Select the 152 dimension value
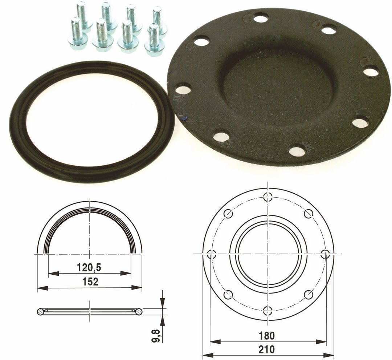click(90, 282)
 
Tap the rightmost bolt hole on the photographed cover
click(371, 72)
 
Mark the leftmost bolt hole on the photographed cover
click(183, 88)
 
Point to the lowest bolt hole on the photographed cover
click(297, 149)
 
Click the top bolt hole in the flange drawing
click(268, 197)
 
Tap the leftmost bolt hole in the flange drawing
click(211, 253)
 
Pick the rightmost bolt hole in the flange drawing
click(325, 253)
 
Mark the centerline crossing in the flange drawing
click(268, 253)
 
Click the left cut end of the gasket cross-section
click(41, 311)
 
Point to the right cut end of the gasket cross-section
click(138, 311)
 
